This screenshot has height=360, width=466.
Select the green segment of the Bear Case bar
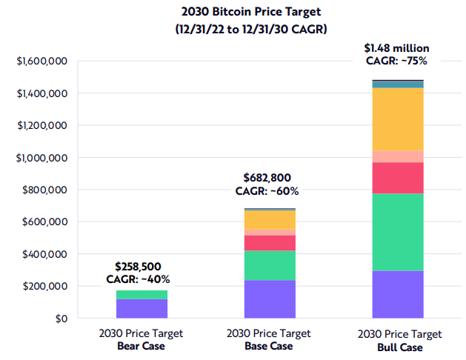click(x=142, y=295)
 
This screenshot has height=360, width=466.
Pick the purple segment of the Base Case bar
click(x=270, y=299)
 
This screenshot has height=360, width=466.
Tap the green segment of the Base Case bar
click(x=270, y=265)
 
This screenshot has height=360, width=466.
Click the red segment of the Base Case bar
click(x=270, y=243)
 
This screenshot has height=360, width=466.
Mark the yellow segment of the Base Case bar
click(x=270, y=220)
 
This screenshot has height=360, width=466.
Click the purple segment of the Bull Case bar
click(x=398, y=295)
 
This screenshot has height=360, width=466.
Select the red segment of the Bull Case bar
click(x=398, y=178)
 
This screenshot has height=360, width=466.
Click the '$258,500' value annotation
click(x=138, y=266)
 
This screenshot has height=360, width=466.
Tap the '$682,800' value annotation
click(x=268, y=178)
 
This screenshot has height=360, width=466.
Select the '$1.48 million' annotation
click(x=396, y=49)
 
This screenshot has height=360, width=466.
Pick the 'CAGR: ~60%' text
click(x=267, y=191)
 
